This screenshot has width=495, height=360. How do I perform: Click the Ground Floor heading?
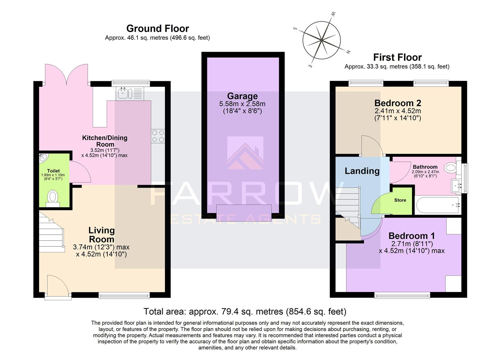point(157,29)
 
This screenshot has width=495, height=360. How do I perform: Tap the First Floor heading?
point(397,57)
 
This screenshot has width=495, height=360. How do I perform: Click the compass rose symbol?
point(321,40)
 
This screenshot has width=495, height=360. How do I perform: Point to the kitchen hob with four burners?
point(158,136)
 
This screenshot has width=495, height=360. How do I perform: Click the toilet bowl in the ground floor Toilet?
point(53,197)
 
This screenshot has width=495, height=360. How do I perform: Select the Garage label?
point(242,96)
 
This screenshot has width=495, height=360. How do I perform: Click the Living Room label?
point(101,235)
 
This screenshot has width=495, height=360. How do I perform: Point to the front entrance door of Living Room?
point(57,286)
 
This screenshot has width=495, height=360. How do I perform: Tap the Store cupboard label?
point(400,200)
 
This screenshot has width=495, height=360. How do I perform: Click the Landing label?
point(362,171)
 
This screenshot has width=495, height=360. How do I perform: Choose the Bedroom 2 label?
point(398,103)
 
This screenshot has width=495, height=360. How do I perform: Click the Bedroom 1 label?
point(412,236)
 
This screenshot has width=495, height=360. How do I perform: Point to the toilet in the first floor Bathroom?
point(451,167)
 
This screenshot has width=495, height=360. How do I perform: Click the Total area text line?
point(245,312)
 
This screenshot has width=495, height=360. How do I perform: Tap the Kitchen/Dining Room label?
point(105,141)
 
